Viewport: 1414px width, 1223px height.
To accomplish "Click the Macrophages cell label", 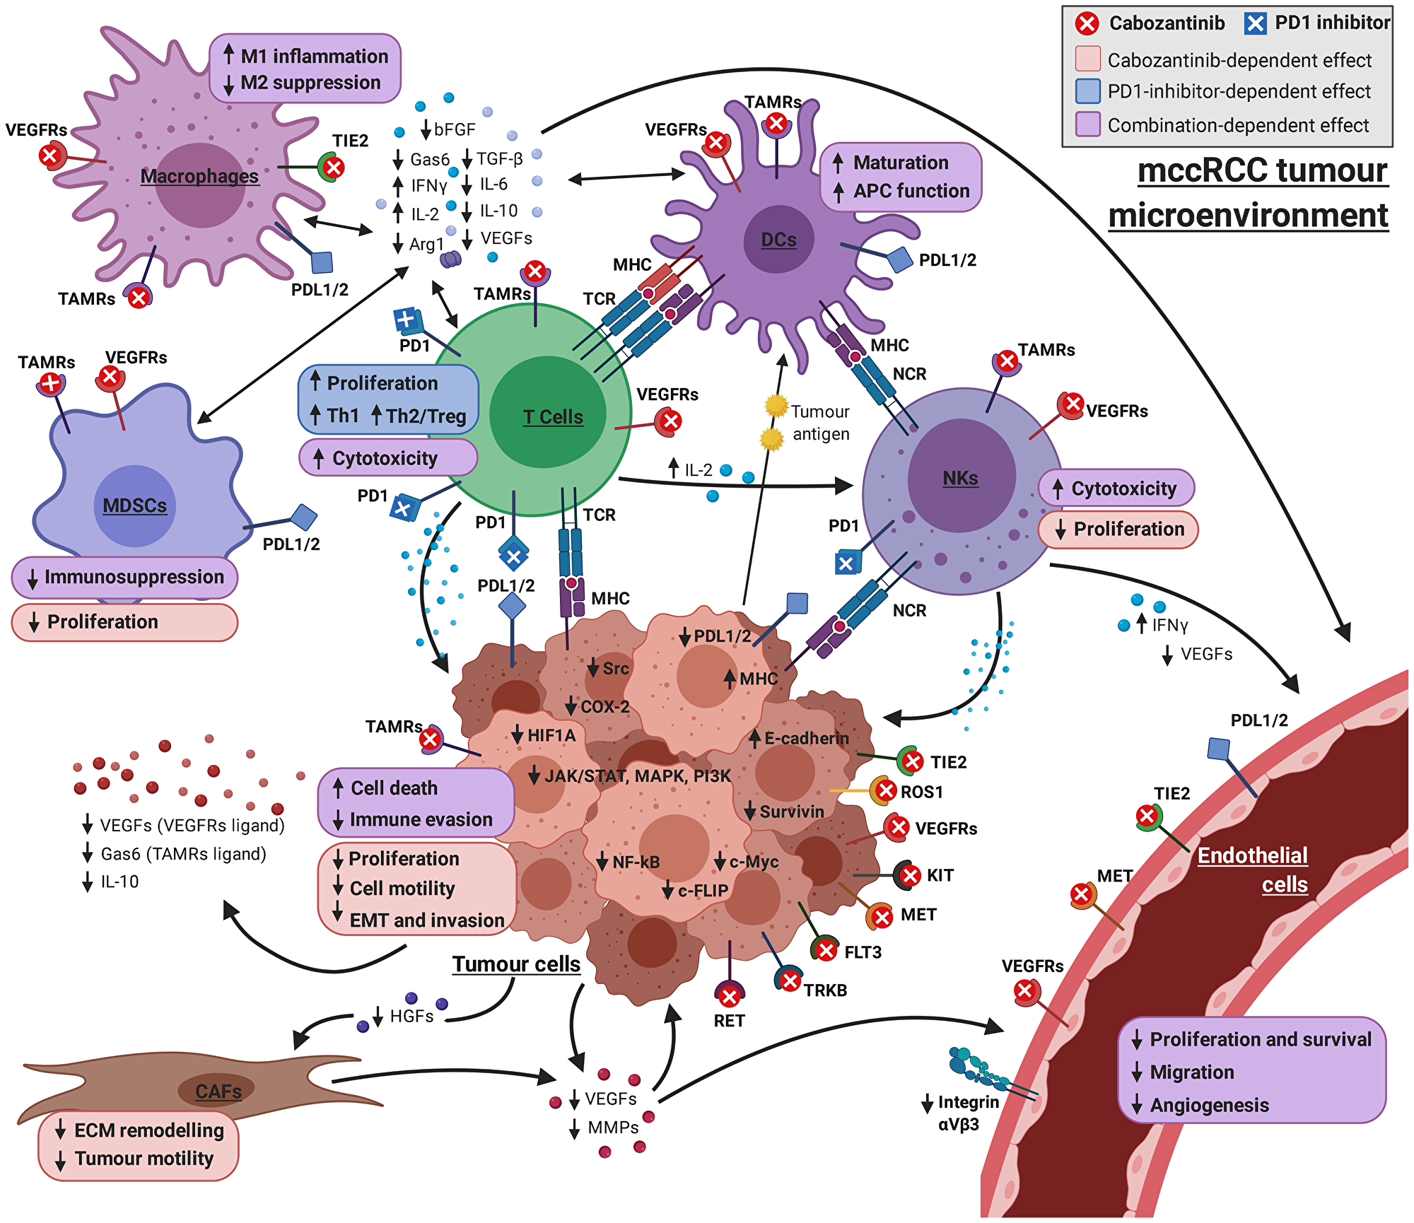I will [x=199, y=176].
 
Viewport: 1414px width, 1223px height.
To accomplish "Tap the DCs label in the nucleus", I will [x=778, y=240].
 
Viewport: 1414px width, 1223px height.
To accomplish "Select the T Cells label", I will [x=553, y=417].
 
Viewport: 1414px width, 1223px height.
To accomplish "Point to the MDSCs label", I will [x=134, y=506].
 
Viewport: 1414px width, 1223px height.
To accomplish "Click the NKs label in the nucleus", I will [x=960, y=479].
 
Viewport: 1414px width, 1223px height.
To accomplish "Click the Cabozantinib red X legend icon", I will [x=1087, y=24].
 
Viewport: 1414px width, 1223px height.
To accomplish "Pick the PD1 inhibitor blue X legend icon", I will [x=1255, y=24].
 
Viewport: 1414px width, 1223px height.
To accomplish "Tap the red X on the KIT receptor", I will [x=911, y=876].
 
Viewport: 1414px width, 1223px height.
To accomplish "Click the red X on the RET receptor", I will [x=729, y=997].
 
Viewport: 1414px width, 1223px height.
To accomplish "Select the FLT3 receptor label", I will [x=863, y=952].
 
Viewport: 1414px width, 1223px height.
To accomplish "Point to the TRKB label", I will [x=825, y=990].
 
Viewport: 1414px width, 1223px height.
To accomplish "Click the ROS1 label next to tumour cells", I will [x=921, y=792].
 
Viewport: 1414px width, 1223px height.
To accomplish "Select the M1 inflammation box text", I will [x=314, y=57].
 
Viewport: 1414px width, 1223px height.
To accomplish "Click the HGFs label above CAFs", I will [x=411, y=1017].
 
